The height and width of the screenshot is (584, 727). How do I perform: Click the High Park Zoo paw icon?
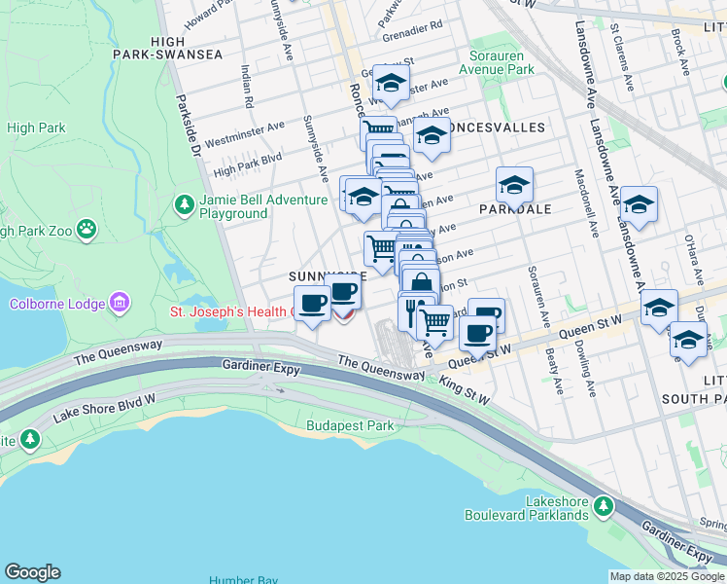click(x=87, y=230)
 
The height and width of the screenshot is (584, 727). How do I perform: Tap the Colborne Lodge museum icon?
click(x=120, y=303)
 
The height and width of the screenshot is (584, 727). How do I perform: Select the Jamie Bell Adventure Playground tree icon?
click(x=184, y=205)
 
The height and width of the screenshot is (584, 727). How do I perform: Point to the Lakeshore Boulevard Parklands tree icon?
click(x=605, y=505)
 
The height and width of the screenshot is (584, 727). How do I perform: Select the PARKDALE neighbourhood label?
click(x=515, y=208)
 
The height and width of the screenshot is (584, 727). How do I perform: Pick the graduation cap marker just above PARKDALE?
click(x=515, y=184)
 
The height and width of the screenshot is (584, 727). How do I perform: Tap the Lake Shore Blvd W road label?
click(x=105, y=408)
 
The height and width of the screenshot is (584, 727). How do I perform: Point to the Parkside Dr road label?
click(x=187, y=123)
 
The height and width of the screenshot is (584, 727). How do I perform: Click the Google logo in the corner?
click(x=32, y=572)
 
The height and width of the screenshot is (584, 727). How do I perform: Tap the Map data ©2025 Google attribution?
click(x=667, y=576)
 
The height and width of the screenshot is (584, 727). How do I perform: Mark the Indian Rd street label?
click(x=249, y=85)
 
